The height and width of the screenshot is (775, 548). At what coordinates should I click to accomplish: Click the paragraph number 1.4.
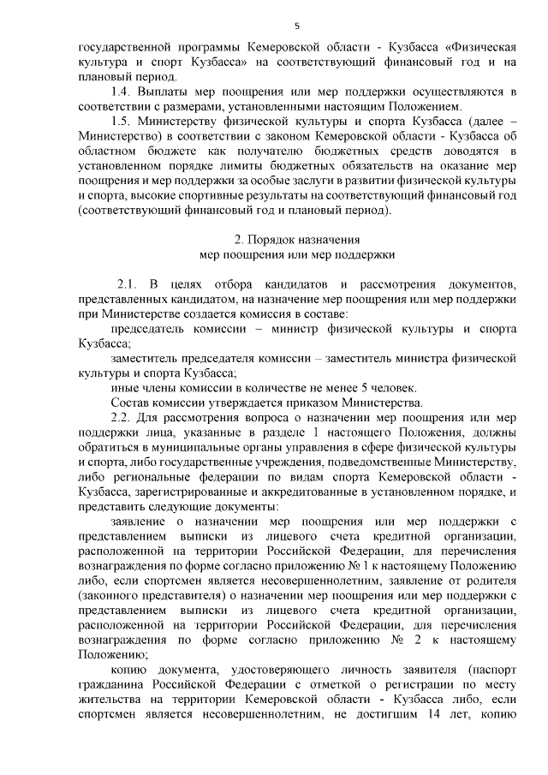tap(123, 92)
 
